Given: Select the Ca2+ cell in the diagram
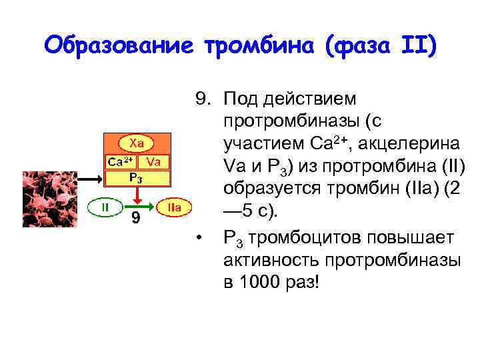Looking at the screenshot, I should pyautogui.click(x=121, y=161).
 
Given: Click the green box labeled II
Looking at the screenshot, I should pyautogui.click(x=105, y=207).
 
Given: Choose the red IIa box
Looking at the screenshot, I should pyautogui.click(x=175, y=207).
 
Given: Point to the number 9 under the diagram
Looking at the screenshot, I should pyautogui.click(x=135, y=219).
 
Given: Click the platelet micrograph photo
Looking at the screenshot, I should pyautogui.click(x=50, y=199).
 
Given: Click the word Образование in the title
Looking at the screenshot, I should pyautogui.click(x=118, y=46).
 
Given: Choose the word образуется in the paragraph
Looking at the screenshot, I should pyautogui.click(x=272, y=189).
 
